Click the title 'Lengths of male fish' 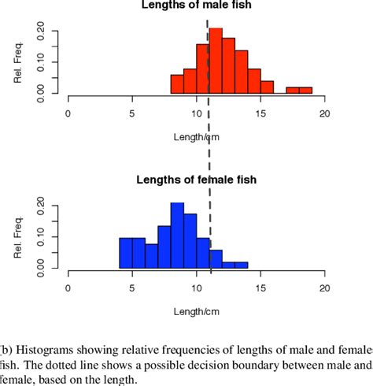(197, 6)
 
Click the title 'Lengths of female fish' (198, 180)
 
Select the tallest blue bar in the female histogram (177, 236)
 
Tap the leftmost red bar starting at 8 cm (177, 84)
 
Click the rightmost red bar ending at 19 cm (305, 91)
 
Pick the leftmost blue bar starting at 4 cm (126, 253)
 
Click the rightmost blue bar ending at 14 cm (241, 265)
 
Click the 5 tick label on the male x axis (133, 113)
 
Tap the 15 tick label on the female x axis (260, 288)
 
